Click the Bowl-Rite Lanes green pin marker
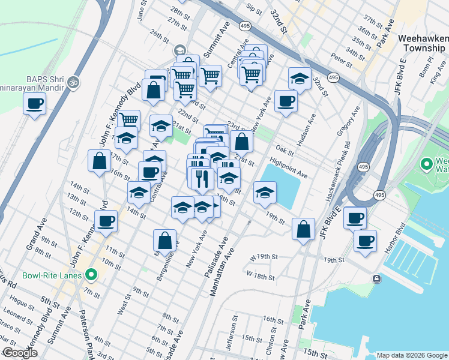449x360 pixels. (91, 276)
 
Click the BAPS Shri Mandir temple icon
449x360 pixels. (73, 81)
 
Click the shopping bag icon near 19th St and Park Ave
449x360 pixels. (304, 228)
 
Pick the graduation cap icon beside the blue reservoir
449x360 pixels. (264, 193)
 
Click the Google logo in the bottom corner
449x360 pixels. (19, 353)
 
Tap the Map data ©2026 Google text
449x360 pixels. (411, 355)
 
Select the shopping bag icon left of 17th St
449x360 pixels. (99, 160)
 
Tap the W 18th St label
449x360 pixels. (261, 277)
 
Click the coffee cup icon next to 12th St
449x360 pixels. (106, 220)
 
